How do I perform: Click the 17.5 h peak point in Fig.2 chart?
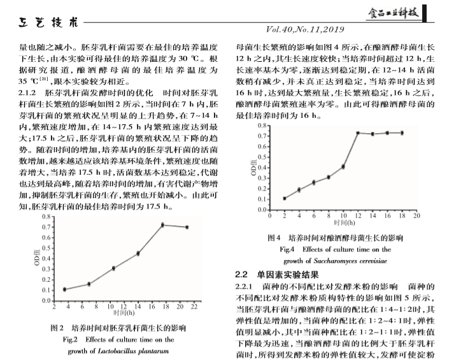tap(162, 225)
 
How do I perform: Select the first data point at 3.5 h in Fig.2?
tap(64, 289)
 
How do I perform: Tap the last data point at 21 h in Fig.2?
tap(187, 227)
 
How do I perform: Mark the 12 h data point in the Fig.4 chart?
tap(358, 133)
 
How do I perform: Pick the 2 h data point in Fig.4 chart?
tap(284, 198)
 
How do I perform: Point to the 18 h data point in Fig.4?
tap(402, 133)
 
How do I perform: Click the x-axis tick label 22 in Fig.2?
tap(194, 307)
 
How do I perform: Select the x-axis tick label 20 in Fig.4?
tap(416, 216)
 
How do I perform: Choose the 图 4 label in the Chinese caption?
tap(275, 238)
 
